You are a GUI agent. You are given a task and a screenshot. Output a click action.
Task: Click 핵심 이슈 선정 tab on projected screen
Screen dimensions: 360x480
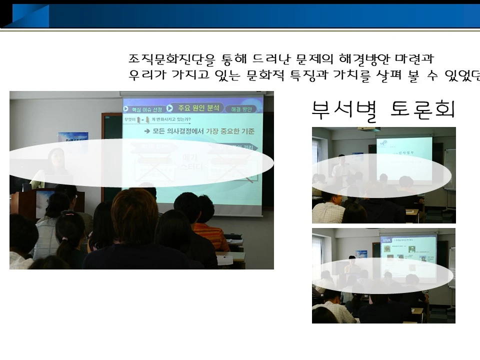(143, 109)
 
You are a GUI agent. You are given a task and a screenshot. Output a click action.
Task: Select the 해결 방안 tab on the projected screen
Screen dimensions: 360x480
(240, 109)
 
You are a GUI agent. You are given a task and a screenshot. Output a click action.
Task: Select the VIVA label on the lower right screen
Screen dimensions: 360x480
(387, 240)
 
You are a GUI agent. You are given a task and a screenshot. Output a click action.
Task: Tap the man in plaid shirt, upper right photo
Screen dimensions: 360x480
(328, 212)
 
